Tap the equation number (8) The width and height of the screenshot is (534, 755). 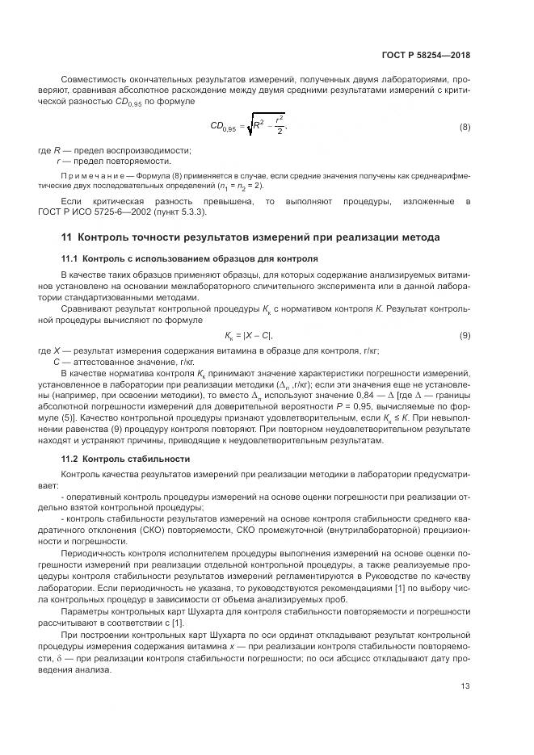[465, 127]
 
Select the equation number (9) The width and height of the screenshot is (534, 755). [465, 335]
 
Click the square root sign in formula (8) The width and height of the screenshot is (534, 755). [248, 127]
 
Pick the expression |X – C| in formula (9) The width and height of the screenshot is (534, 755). [259, 335]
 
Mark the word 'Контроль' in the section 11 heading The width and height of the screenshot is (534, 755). [103, 238]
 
